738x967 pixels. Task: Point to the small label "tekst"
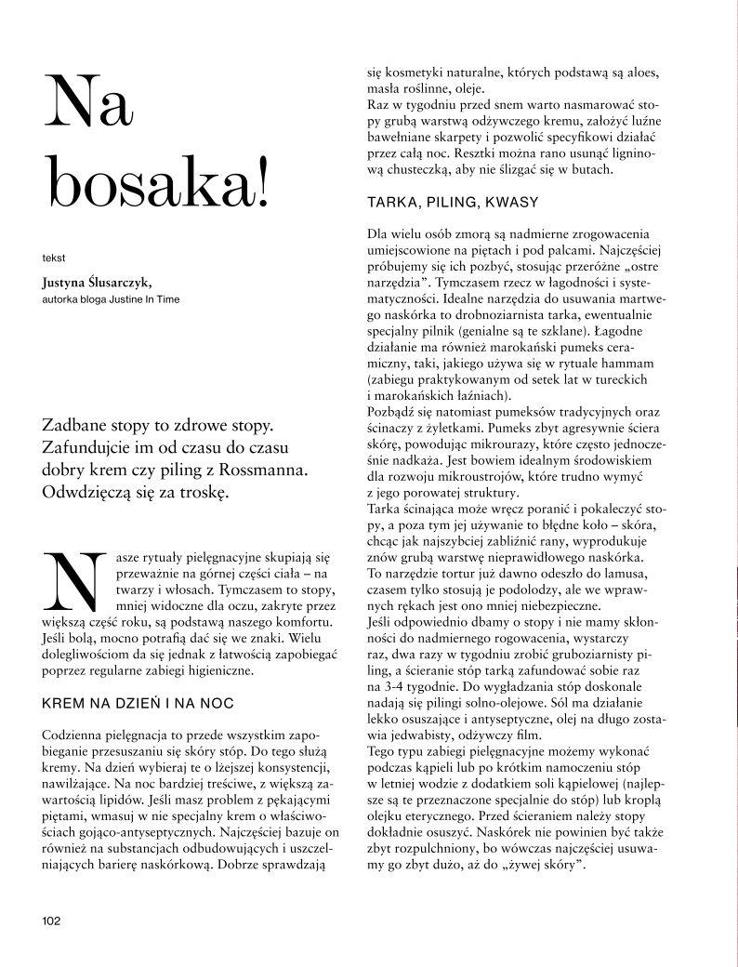[x=55, y=256]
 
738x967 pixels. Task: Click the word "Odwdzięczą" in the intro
[x=88, y=490]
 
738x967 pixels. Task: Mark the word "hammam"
[x=627, y=362]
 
